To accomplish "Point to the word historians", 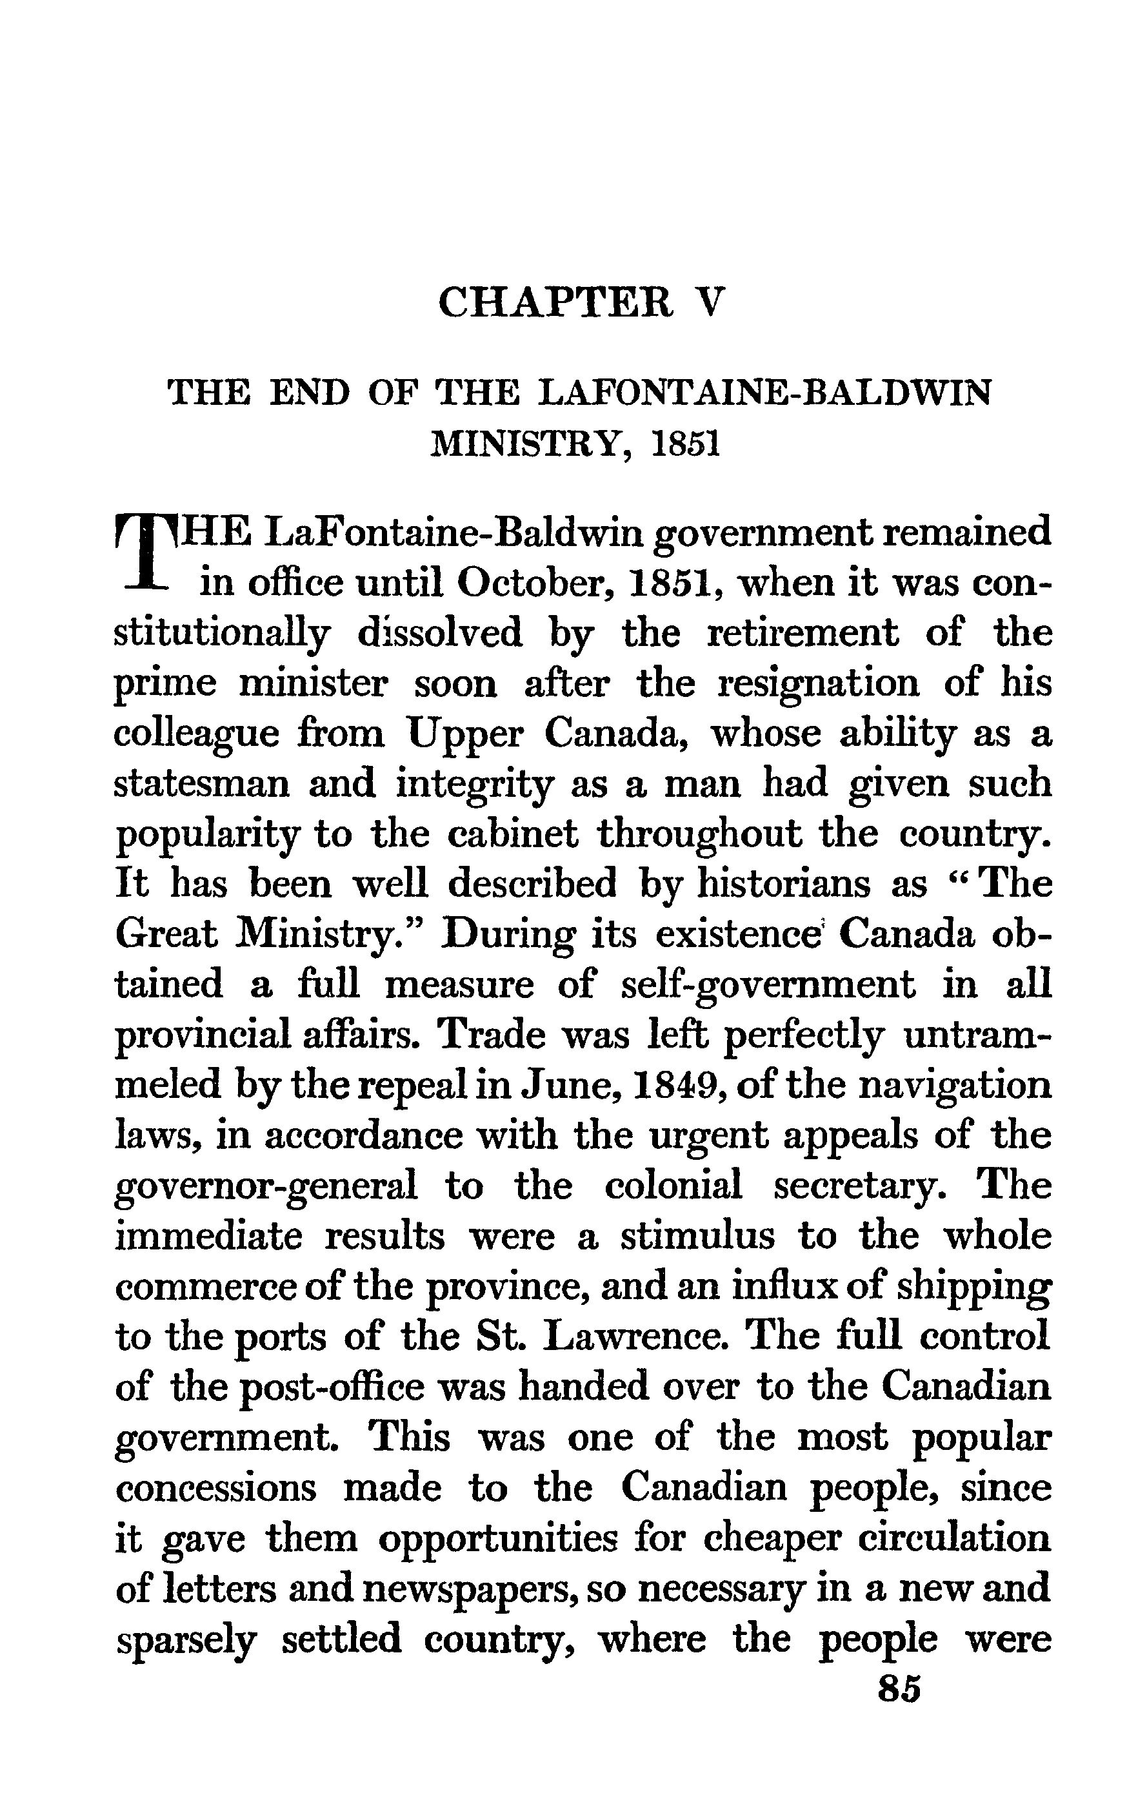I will pyautogui.click(x=783, y=885).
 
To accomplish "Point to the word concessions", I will pyautogui.click(x=215, y=1487).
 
